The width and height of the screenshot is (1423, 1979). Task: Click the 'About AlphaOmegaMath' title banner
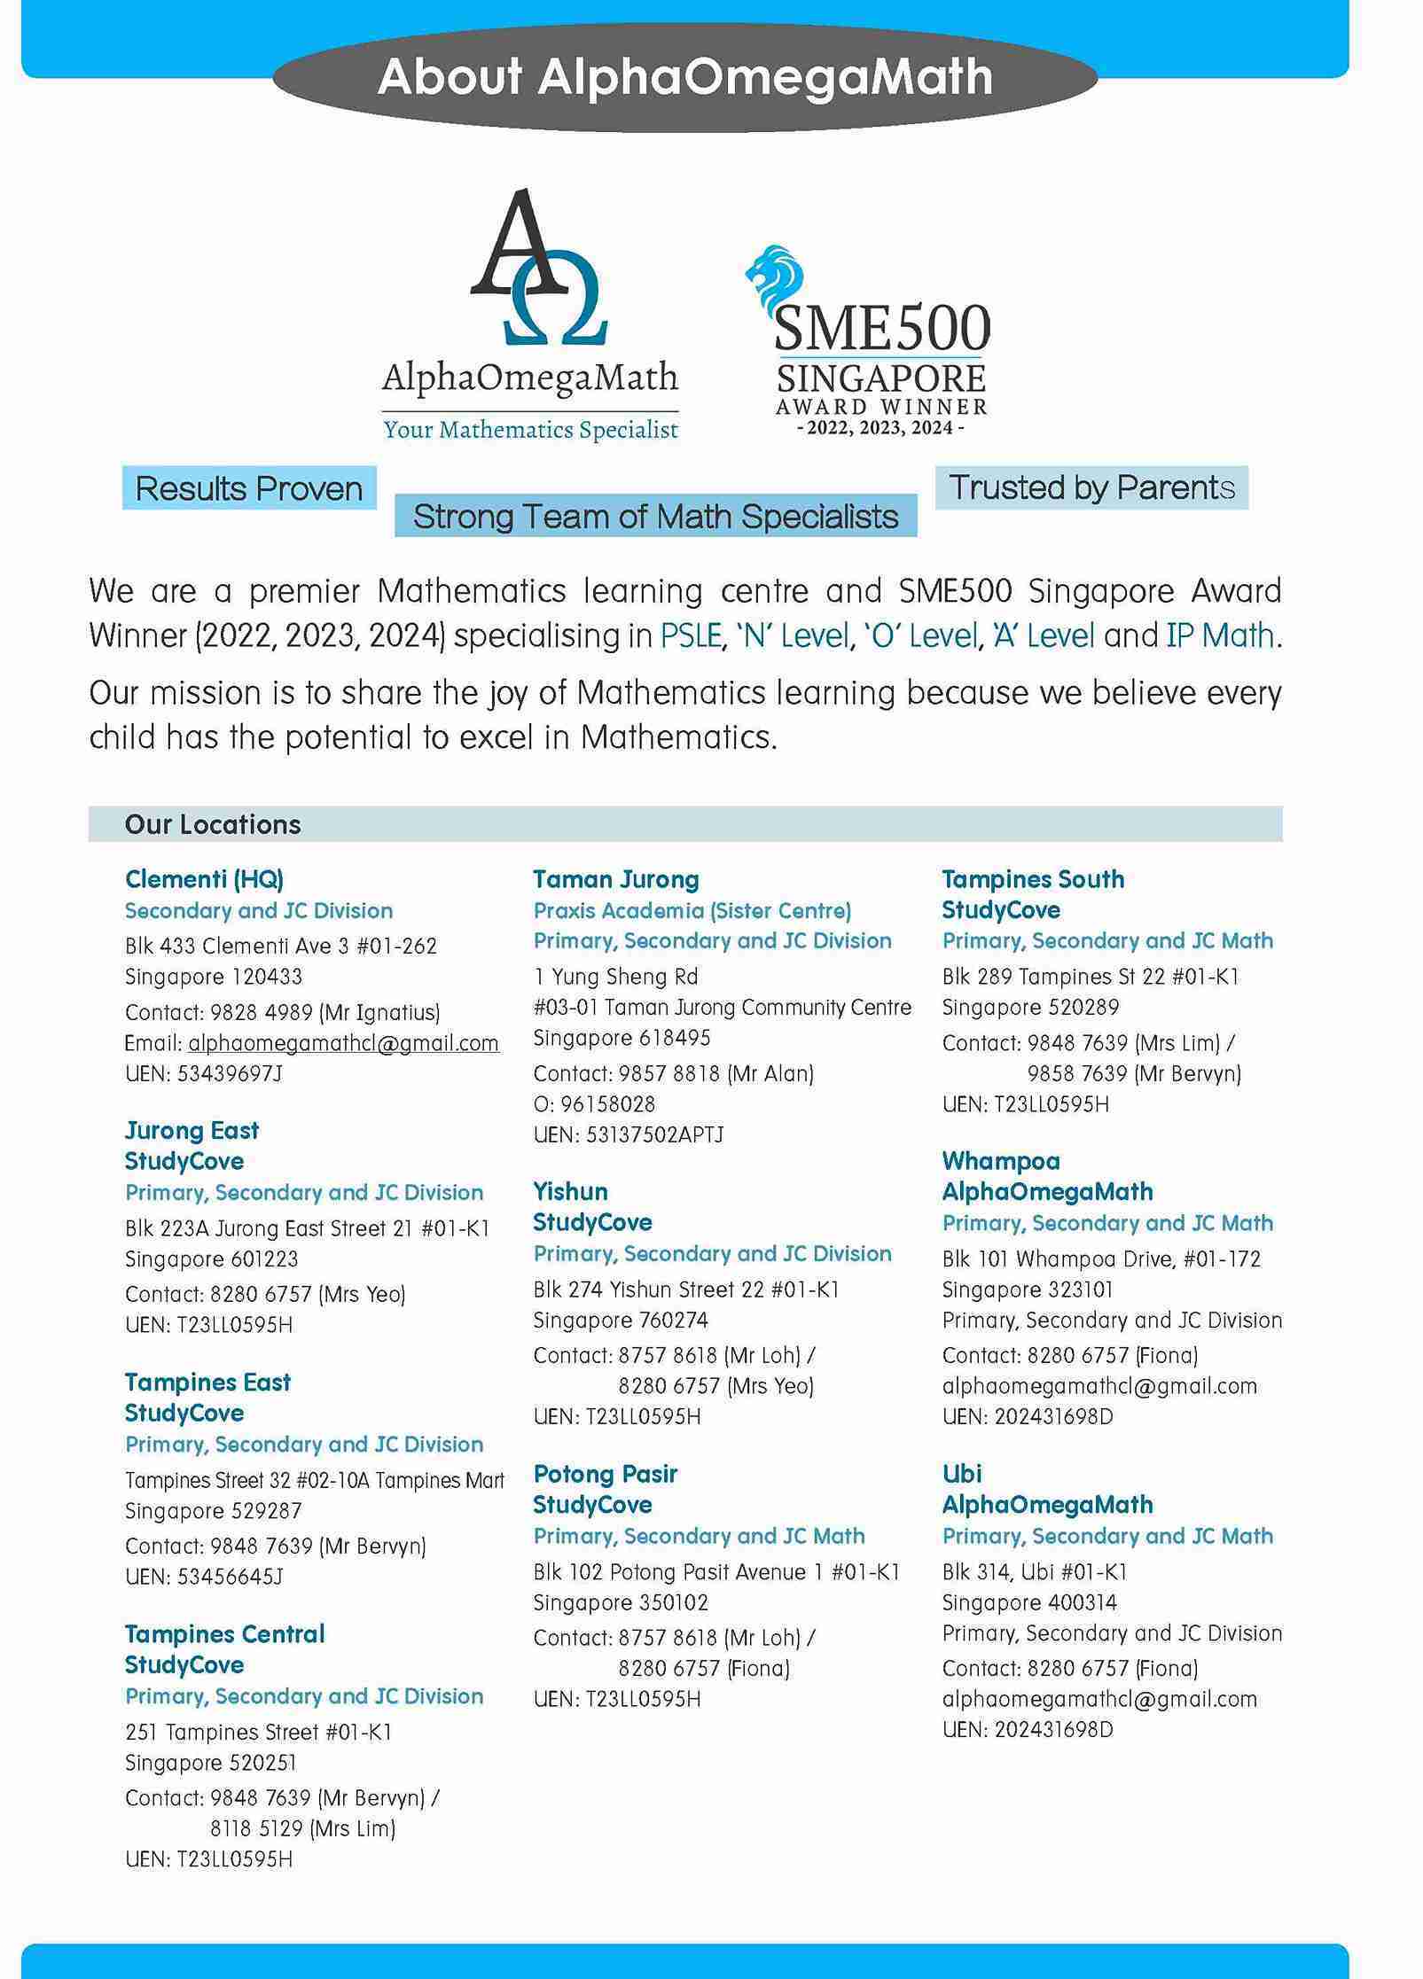pyautogui.click(x=684, y=77)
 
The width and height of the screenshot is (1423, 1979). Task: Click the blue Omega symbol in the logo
pyautogui.click(x=556, y=310)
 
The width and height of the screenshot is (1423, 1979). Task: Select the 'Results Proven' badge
pyautogui.click(x=249, y=488)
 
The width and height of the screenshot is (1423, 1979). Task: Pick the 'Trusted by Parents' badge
pyautogui.click(x=1091, y=487)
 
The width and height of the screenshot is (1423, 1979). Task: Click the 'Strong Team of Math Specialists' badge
pyautogui.click(x=655, y=517)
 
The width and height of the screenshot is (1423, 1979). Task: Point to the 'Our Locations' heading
pyautogui.click(x=213, y=825)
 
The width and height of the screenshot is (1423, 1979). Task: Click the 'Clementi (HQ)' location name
pyautogui.click(x=204, y=879)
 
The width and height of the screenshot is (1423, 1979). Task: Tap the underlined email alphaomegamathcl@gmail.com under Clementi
pyautogui.click(x=343, y=1043)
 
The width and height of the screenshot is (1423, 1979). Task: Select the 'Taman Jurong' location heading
pyautogui.click(x=616, y=879)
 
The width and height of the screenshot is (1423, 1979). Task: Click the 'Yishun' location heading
pyautogui.click(x=570, y=1191)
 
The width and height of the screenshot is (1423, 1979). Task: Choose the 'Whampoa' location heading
pyautogui.click(x=1001, y=1161)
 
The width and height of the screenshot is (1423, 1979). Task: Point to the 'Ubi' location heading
pyautogui.click(x=962, y=1474)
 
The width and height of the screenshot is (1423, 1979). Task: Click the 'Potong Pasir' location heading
pyautogui.click(x=606, y=1474)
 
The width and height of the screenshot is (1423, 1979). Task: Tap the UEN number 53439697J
pyautogui.click(x=230, y=1074)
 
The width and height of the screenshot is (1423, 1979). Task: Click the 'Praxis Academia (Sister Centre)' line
pyautogui.click(x=692, y=910)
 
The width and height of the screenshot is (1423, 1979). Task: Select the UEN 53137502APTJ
pyautogui.click(x=654, y=1135)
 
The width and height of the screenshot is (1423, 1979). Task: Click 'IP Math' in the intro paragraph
pyautogui.click(x=1220, y=635)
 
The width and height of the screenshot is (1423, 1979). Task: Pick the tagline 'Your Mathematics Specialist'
pyautogui.click(x=530, y=431)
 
